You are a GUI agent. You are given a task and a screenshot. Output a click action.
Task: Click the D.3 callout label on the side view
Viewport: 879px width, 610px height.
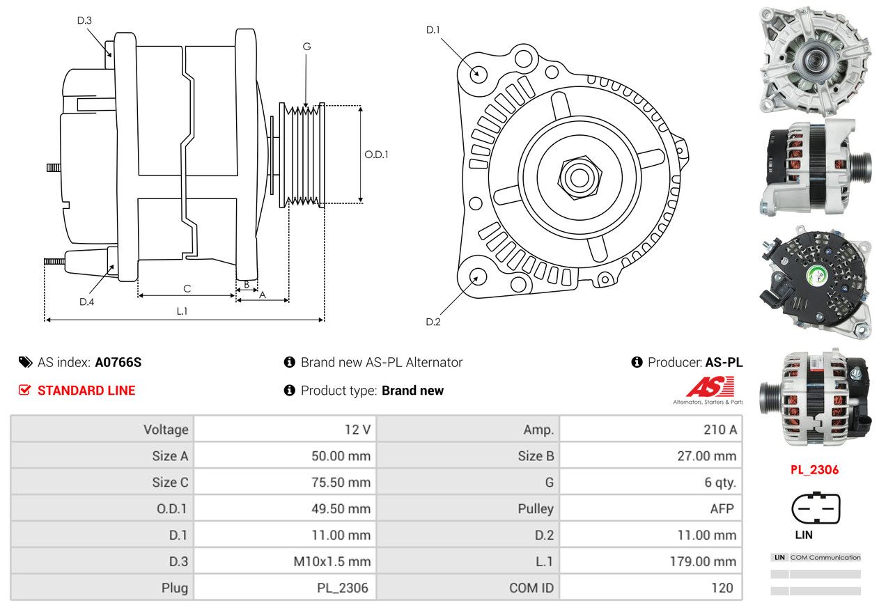84,20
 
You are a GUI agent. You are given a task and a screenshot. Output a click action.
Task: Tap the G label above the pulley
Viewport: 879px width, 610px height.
306,47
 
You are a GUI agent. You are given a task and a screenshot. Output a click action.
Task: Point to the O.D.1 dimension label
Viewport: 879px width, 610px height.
376,155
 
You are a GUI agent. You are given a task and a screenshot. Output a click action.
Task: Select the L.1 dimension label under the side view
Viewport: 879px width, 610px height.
182,311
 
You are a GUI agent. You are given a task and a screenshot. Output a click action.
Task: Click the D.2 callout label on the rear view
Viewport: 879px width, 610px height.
433,322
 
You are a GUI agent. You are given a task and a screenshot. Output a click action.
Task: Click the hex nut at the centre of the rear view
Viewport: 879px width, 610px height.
578,176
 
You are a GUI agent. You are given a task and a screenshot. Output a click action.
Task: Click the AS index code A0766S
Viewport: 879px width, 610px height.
118,363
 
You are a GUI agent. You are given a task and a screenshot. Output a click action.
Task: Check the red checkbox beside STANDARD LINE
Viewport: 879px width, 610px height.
25,391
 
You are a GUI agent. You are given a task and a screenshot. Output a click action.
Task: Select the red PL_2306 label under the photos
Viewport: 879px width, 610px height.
815,470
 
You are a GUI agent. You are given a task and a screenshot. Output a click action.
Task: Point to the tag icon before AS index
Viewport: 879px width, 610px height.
25,362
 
